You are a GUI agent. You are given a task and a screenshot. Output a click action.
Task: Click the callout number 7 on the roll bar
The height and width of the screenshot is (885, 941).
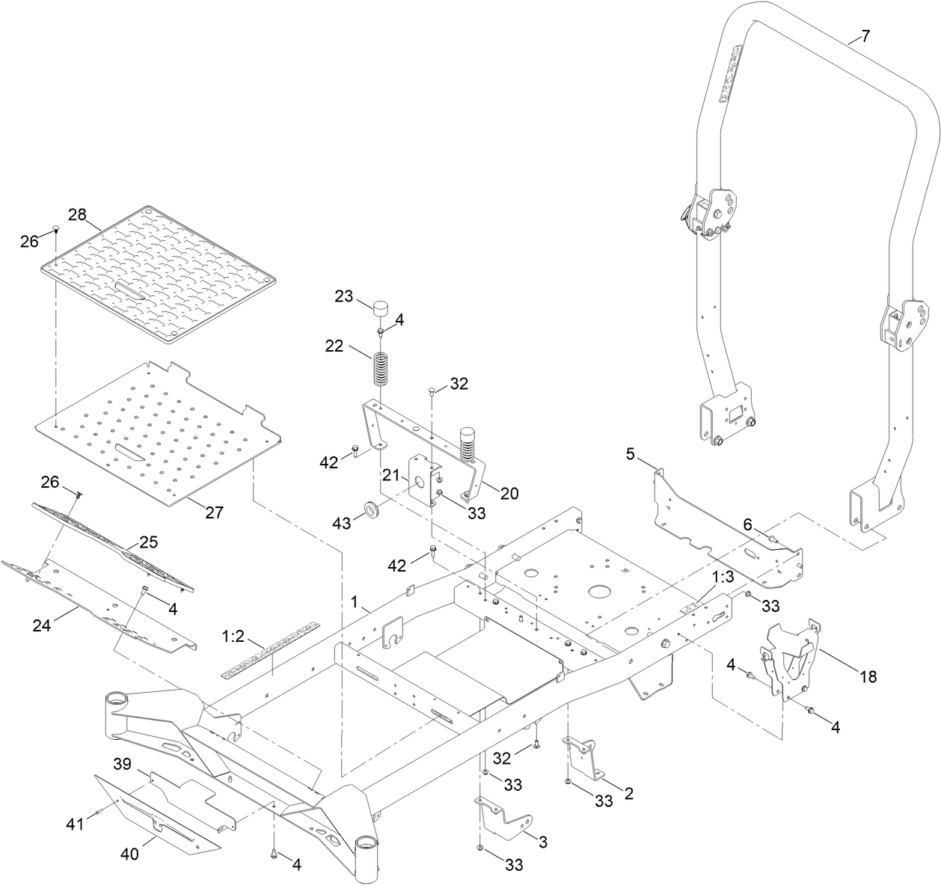coord(865,37)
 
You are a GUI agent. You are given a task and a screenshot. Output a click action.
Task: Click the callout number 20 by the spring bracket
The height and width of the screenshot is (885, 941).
coord(509,493)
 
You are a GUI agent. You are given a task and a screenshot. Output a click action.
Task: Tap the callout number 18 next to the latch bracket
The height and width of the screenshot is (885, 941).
coord(868,676)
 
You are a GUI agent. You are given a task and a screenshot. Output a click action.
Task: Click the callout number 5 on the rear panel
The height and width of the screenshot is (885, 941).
coord(630,453)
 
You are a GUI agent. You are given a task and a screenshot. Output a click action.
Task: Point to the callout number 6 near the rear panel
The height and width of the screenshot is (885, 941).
coord(747,525)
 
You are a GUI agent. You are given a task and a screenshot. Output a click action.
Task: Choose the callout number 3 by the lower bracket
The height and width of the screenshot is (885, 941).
coord(543,842)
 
